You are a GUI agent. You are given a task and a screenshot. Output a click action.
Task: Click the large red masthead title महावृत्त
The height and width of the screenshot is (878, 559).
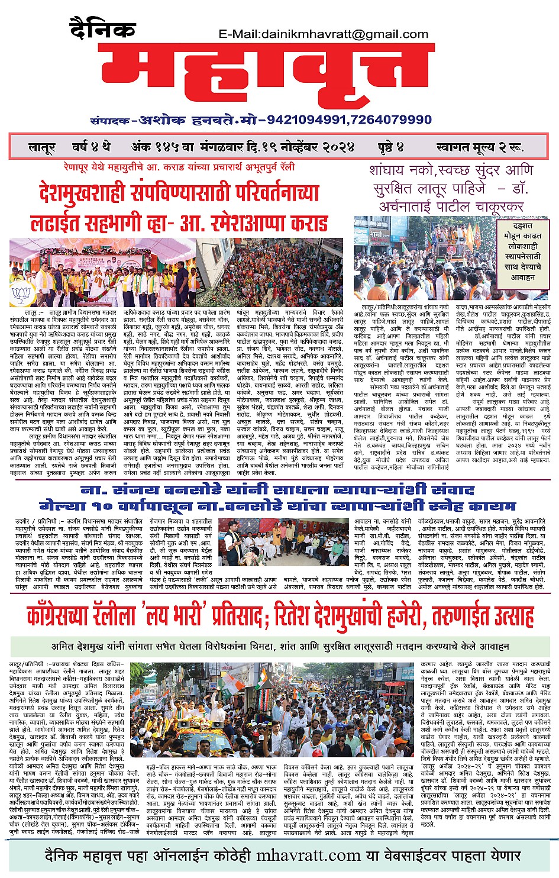[261, 76]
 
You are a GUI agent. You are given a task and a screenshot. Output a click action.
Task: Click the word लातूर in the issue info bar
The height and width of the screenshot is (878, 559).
[42, 147]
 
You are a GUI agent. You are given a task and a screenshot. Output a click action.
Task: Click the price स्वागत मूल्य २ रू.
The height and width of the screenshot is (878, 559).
[480, 147]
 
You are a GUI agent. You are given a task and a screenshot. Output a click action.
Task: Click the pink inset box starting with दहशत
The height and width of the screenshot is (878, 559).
[522, 251]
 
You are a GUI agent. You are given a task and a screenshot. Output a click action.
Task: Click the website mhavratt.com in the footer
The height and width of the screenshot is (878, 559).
[308, 856]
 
